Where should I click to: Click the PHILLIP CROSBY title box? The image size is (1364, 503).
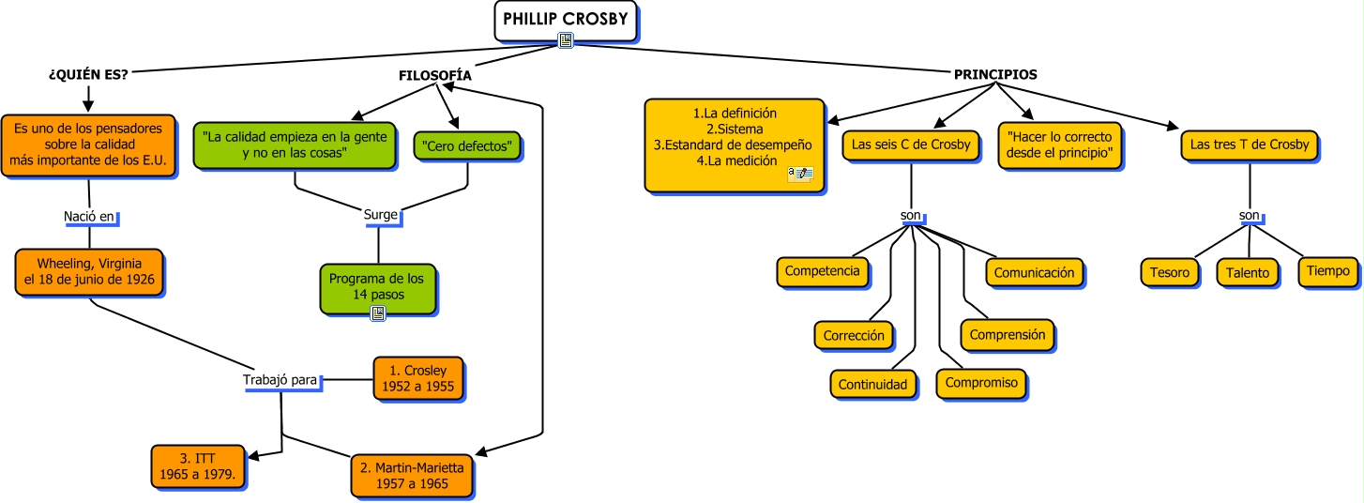(566, 21)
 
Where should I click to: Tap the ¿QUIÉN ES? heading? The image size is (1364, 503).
(88, 74)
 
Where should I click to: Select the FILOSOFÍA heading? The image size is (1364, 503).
(434, 74)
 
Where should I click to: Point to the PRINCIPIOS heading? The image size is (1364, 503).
(995, 74)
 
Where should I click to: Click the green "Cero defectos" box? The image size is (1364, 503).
(466, 146)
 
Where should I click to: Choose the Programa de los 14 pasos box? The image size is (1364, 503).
(376, 286)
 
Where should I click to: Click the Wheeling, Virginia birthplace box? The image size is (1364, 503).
(89, 271)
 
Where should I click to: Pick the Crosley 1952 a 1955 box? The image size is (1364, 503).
(417, 378)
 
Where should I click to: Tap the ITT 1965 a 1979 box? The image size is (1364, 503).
(199, 465)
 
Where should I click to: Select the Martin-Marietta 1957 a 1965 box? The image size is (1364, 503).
(412, 475)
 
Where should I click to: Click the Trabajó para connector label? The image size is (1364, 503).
(280, 381)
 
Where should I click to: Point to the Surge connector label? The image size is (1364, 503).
(381, 215)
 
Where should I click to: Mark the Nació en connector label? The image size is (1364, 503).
(89, 217)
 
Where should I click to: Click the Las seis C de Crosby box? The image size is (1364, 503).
(911, 145)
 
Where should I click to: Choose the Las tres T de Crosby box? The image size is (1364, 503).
(1249, 145)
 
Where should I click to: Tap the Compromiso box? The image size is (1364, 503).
(981, 383)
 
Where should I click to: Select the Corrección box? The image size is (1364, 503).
(854, 335)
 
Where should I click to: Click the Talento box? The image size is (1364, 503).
(1249, 273)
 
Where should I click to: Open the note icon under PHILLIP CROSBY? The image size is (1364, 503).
(566, 40)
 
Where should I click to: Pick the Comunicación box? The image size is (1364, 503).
(1034, 272)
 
